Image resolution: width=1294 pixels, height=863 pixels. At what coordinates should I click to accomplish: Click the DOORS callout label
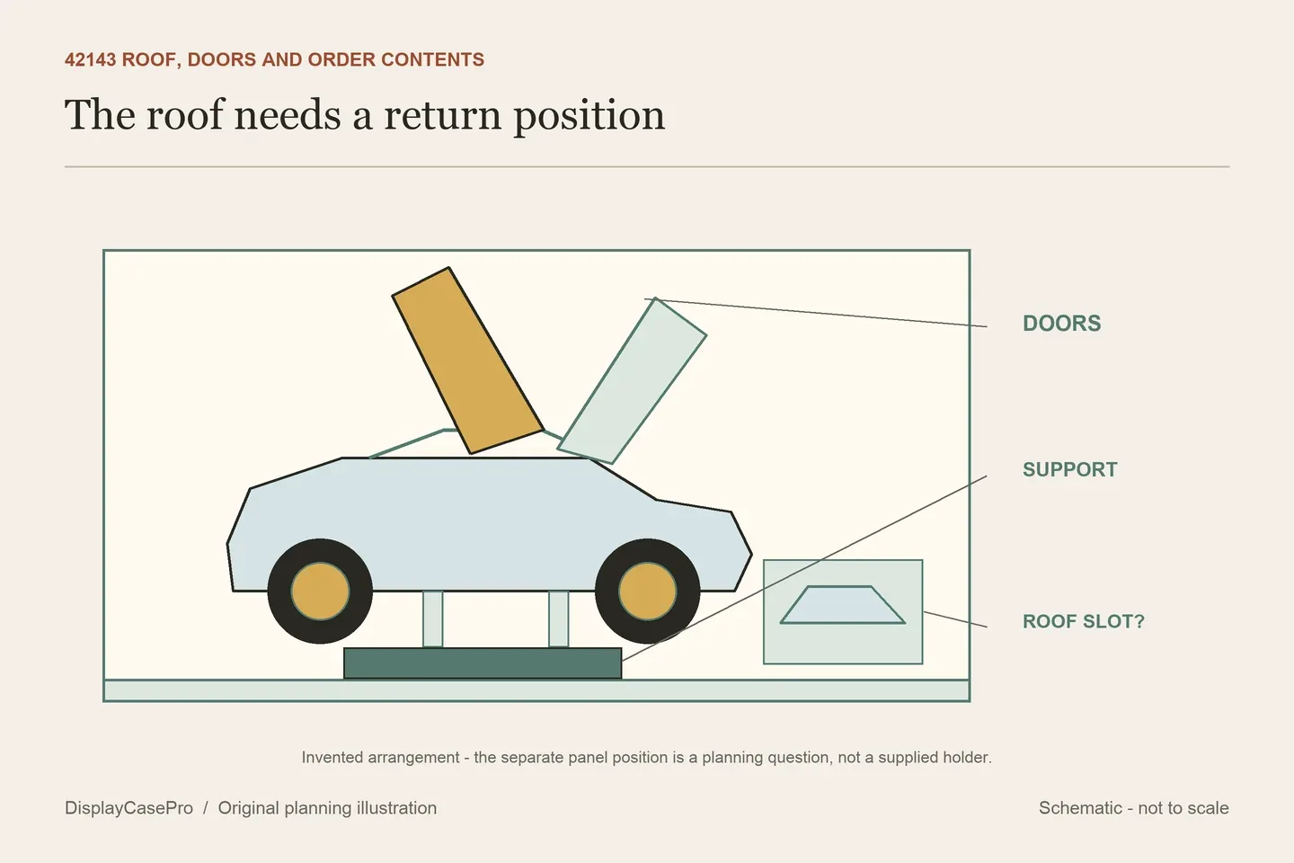(1062, 323)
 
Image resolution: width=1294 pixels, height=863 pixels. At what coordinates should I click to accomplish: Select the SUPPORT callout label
(1070, 469)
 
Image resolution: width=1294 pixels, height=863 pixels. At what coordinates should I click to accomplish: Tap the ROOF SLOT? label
(1083, 621)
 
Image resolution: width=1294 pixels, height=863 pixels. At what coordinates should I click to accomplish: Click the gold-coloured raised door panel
(468, 360)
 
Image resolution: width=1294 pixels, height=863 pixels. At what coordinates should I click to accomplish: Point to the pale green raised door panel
(632, 381)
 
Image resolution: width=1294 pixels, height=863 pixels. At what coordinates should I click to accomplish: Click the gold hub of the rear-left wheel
(320, 592)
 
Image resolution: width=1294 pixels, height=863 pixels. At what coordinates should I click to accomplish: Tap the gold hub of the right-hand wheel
(648, 592)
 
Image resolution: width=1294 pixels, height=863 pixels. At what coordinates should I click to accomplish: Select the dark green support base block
(483, 663)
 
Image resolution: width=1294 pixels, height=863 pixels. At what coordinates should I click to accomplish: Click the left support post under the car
(433, 618)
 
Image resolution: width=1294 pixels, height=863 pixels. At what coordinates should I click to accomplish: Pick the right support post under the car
(558, 618)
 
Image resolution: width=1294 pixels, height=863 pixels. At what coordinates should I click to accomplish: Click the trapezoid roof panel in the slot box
(842, 605)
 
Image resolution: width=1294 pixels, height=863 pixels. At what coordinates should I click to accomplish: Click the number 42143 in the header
(90, 59)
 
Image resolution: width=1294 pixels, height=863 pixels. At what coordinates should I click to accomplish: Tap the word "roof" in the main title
(184, 114)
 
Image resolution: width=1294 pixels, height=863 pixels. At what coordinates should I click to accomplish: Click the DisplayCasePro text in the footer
(129, 808)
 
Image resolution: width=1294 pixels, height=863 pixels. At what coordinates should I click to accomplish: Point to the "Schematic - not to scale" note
(1133, 808)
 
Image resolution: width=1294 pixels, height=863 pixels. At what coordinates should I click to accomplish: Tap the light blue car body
(489, 524)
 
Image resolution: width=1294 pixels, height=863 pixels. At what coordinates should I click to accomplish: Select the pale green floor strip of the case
(536, 690)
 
